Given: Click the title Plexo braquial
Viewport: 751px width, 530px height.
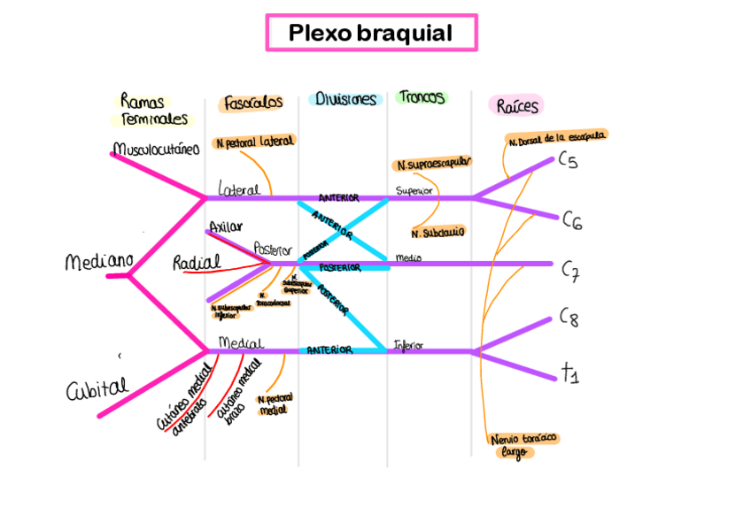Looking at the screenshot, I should (x=370, y=34).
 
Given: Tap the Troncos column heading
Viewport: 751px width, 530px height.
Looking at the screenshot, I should (x=422, y=97).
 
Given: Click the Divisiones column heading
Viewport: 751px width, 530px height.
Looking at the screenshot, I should (x=346, y=100).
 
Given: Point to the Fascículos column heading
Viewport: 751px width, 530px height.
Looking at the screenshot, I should (x=253, y=103).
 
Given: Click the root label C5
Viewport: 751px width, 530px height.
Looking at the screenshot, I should (x=568, y=161).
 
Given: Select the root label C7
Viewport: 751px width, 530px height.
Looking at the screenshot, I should (x=570, y=272).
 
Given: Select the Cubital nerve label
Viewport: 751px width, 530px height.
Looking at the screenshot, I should (x=97, y=388).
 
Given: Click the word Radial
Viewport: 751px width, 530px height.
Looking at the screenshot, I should (x=197, y=263).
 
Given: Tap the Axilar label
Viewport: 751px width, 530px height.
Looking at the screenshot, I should (x=226, y=227).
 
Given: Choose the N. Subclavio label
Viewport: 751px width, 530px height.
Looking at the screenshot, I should (x=438, y=233).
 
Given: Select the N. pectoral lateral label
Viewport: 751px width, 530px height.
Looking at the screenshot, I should (x=254, y=142).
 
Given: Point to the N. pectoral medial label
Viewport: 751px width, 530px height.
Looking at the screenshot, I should (x=275, y=404).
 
